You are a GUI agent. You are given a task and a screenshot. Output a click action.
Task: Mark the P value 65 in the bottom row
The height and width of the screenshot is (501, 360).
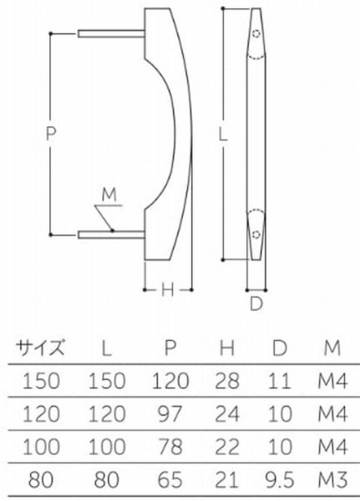point(170,482)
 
